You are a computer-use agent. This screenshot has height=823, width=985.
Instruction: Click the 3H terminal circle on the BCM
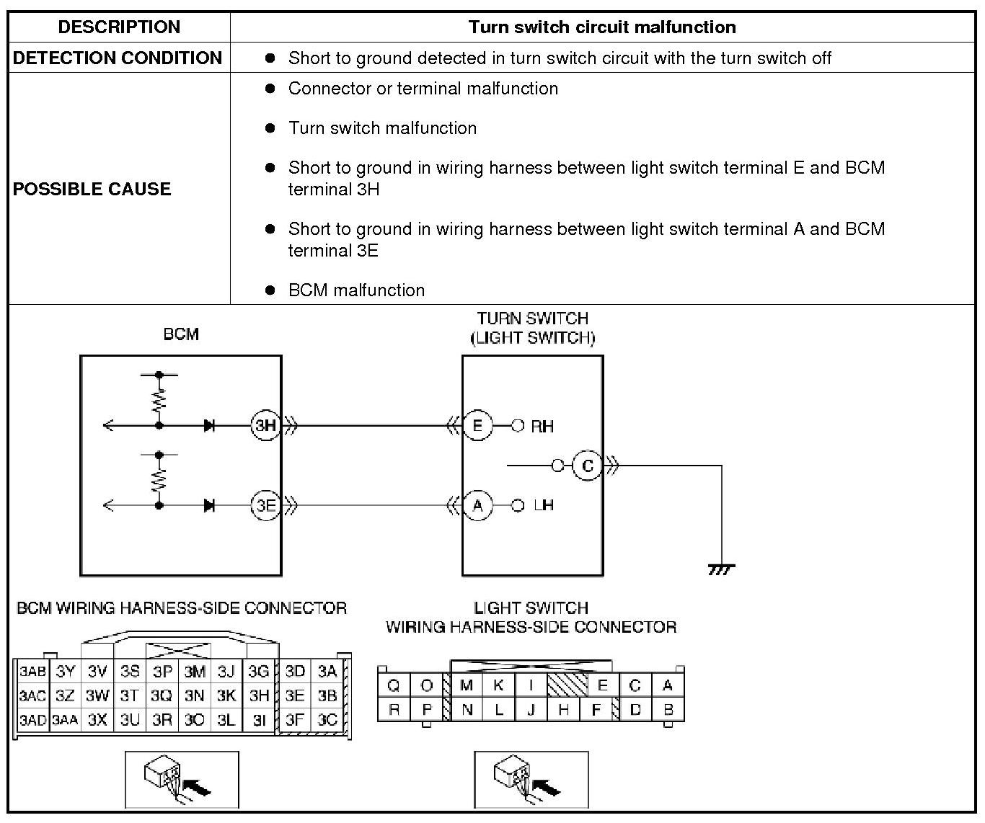[x=265, y=425]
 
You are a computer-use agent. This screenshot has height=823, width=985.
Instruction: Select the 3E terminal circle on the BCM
[x=265, y=505]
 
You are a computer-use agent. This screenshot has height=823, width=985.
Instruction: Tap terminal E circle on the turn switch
[x=477, y=425]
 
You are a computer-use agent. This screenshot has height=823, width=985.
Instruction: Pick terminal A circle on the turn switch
[x=477, y=505]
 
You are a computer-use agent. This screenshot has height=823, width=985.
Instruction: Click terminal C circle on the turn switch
[x=587, y=466]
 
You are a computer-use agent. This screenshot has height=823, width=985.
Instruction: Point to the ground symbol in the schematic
[x=721, y=569]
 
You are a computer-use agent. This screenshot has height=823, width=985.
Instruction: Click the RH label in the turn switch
[x=542, y=426]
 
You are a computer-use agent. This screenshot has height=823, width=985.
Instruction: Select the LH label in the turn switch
[x=544, y=505]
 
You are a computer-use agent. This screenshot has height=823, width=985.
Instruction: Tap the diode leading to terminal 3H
[x=209, y=425]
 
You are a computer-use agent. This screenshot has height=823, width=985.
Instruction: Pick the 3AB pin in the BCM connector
[x=32, y=672]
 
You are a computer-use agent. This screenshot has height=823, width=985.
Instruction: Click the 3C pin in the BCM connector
[x=327, y=719]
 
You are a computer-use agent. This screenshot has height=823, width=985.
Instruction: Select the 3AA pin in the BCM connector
[x=65, y=719]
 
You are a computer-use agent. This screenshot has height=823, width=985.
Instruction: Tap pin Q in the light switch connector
[x=394, y=685]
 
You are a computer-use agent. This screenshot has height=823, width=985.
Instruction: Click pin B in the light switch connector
[x=668, y=709]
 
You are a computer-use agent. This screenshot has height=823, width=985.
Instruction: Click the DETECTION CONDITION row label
[x=118, y=58]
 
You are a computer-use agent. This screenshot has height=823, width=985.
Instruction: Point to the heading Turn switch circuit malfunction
[x=602, y=27]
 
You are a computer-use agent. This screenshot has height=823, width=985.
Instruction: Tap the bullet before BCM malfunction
[x=270, y=290]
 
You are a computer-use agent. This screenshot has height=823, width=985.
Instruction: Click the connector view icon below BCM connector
[x=182, y=780]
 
